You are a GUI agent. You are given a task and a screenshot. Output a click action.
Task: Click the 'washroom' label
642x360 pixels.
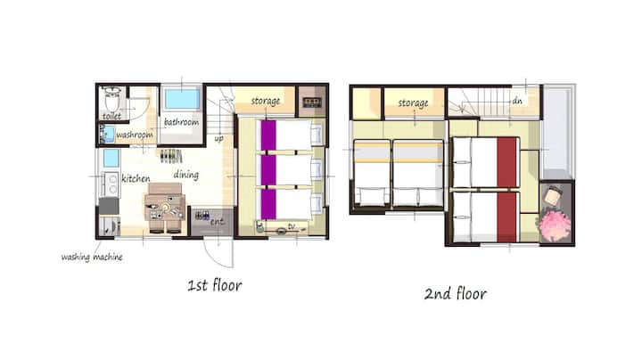coord(135,135)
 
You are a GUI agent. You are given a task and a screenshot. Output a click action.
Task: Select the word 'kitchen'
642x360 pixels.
coord(136,178)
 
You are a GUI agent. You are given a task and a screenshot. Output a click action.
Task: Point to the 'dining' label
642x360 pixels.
coord(186,175)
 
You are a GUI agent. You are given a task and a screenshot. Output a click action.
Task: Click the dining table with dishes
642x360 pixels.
coord(165,208)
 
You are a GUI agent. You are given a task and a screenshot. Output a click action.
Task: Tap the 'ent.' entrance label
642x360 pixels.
coord(218,222)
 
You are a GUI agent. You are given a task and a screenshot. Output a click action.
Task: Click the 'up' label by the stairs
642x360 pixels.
coord(219,138)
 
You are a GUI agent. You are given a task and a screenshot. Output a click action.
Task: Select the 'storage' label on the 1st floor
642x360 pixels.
coord(266,101)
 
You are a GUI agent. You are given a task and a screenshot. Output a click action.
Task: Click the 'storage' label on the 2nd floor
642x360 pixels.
coord(413,103)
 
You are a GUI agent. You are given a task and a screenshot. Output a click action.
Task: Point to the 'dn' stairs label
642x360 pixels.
coord(517,100)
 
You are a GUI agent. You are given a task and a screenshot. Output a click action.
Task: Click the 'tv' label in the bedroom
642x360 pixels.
coord(292,226)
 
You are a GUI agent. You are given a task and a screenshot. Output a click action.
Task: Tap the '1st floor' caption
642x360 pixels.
coord(215,285)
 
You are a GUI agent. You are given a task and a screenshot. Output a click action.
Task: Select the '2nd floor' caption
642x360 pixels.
coord(456,293)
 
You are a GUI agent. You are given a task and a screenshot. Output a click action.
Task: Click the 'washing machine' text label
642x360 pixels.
coord(92,257)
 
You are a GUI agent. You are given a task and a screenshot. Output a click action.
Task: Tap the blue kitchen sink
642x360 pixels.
coord(111,159)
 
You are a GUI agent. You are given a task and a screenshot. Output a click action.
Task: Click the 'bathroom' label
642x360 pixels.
coord(181,122)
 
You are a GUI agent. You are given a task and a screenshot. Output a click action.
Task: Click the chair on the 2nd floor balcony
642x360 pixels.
coord(553,195)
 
